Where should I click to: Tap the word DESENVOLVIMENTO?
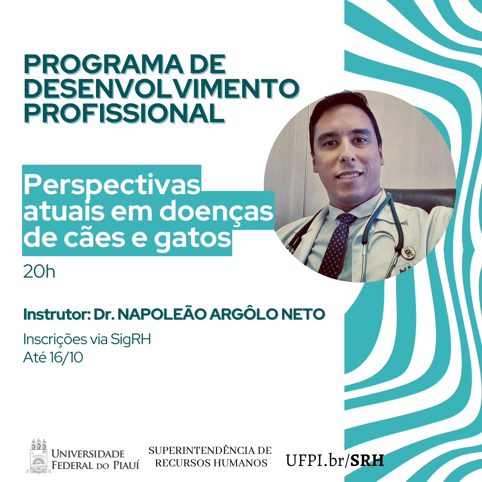(x=162, y=88)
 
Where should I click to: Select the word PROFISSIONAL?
(x=124, y=113)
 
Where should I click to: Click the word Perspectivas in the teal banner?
(x=112, y=185)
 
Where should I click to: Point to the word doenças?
(x=216, y=212)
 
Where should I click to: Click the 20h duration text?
(x=39, y=272)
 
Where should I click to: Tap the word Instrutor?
(x=57, y=314)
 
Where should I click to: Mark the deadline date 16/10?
(x=66, y=357)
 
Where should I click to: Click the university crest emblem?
(x=38, y=456)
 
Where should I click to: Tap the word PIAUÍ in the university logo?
(x=126, y=465)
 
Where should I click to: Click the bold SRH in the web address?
(x=367, y=460)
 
